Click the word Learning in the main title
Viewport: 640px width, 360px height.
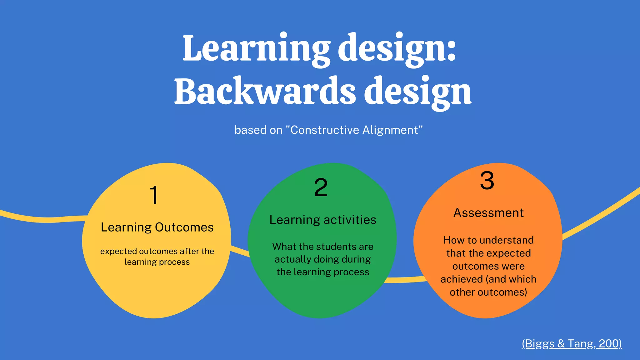click(256, 48)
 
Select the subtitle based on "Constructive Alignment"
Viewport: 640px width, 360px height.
click(328, 130)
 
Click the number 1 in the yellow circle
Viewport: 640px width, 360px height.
click(154, 195)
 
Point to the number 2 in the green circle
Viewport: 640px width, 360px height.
click(321, 188)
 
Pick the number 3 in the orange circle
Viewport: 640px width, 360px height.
click(487, 181)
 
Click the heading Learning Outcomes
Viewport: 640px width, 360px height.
click(157, 227)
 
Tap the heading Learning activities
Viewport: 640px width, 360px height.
click(323, 220)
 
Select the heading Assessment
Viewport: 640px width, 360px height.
click(488, 213)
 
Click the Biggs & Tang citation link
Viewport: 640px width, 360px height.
click(572, 343)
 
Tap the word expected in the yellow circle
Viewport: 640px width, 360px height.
click(118, 251)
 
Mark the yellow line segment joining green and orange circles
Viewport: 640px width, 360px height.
click(405, 279)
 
